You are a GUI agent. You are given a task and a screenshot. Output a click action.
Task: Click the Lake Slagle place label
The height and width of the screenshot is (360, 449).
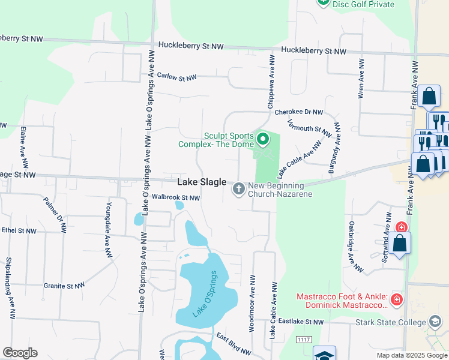[x=202, y=182]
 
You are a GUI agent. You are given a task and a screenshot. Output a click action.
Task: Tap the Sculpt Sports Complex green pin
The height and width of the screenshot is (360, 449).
[x=262, y=140]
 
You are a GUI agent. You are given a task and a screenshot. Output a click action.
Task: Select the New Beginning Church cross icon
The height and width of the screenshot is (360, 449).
[x=238, y=190]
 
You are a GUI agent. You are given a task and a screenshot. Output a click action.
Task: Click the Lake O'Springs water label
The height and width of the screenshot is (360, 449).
[x=204, y=294]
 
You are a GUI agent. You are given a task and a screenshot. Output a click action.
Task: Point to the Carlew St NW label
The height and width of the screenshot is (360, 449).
[x=176, y=77]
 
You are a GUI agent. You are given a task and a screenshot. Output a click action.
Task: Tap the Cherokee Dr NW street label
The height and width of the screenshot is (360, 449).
[x=298, y=112]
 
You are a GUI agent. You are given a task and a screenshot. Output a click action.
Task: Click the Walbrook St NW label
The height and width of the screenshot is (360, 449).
[x=175, y=197]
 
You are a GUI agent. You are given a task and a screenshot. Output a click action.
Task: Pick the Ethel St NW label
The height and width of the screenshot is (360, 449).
[x=19, y=230]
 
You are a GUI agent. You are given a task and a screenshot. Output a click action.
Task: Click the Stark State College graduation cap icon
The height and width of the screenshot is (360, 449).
[x=435, y=322]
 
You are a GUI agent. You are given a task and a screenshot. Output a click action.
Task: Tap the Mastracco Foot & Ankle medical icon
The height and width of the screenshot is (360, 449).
[x=396, y=299]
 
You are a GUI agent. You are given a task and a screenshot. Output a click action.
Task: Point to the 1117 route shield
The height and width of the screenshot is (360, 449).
[x=303, y=340]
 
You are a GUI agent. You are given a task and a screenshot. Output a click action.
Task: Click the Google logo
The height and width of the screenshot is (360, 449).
[x=20, y=353]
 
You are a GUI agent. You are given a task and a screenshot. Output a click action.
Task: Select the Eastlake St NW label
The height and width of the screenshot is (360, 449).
[x=301, y=322]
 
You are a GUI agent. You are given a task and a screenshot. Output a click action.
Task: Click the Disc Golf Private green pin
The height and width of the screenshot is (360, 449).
[x=323, y=2]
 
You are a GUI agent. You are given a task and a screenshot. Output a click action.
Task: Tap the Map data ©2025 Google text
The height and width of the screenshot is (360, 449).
[x=411, y=355]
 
